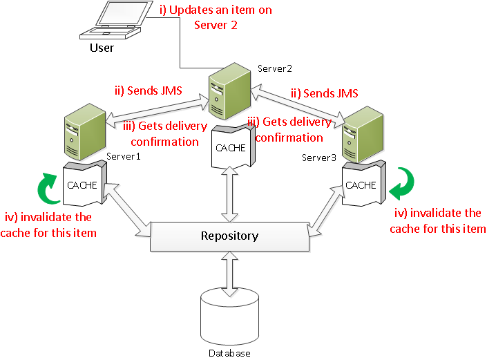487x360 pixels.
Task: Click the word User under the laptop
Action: tap(102, 48)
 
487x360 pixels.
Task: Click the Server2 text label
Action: tap(275, 68)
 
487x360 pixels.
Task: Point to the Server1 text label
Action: tap(124, 156)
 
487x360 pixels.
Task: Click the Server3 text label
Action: tap(319, 158)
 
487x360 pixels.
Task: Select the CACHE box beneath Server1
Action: tap(82, 185)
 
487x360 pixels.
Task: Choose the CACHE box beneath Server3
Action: tap(361, 184)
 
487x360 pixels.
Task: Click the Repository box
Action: tap(229, 236)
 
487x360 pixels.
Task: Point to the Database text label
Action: tap(229, 353)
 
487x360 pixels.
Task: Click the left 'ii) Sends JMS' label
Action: tap(147, 91)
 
